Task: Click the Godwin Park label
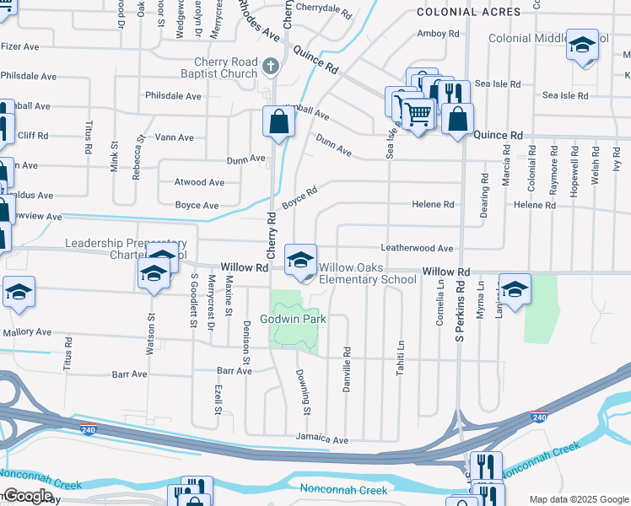(293, 320)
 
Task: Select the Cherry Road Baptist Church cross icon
(271, 66)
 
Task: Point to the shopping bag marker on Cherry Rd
(278, 122)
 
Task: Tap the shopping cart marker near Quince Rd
(418, 112)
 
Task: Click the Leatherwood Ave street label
(417, 249)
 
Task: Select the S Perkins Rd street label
(461, 311)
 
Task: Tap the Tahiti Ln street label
(401, 358)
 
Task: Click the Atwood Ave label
(199, 182)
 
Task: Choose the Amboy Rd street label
(438, 35)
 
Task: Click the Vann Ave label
(175, 137)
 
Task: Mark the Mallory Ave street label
(28, 332)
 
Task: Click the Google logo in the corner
(28, 496)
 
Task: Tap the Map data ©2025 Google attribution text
(578, 499)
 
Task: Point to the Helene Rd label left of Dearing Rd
(433, 205)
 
